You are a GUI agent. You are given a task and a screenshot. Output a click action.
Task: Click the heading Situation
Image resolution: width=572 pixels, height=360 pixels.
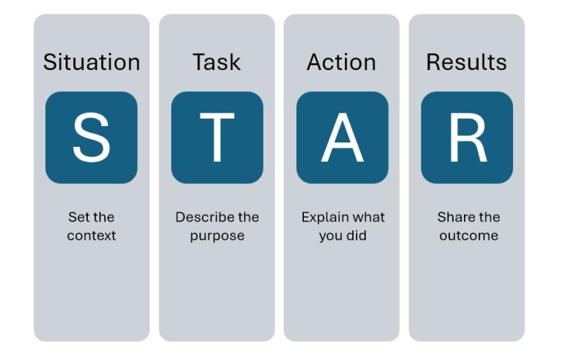92,62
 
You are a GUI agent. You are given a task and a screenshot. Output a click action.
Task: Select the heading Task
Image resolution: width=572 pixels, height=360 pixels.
217,62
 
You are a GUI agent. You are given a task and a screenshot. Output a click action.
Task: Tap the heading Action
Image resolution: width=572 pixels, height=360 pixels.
342,62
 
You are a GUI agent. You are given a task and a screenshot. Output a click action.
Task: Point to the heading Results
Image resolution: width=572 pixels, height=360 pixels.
466,62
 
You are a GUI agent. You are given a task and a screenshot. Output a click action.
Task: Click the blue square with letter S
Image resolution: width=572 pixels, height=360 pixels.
92,138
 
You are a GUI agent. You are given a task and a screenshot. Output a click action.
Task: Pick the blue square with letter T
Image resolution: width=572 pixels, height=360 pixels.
217,138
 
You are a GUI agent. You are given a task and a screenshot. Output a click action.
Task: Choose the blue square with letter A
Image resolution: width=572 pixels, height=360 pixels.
342,138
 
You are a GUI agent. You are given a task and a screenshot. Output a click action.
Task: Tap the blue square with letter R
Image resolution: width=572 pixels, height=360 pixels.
467,138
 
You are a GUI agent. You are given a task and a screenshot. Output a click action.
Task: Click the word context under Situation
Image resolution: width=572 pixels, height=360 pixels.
92,236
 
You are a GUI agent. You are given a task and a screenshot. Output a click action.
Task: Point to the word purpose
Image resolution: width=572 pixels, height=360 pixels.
217,236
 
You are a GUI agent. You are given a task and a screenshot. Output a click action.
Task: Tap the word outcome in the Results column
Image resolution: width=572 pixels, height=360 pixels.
468,236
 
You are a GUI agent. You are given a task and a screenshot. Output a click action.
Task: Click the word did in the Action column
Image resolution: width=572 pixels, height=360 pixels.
357,236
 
